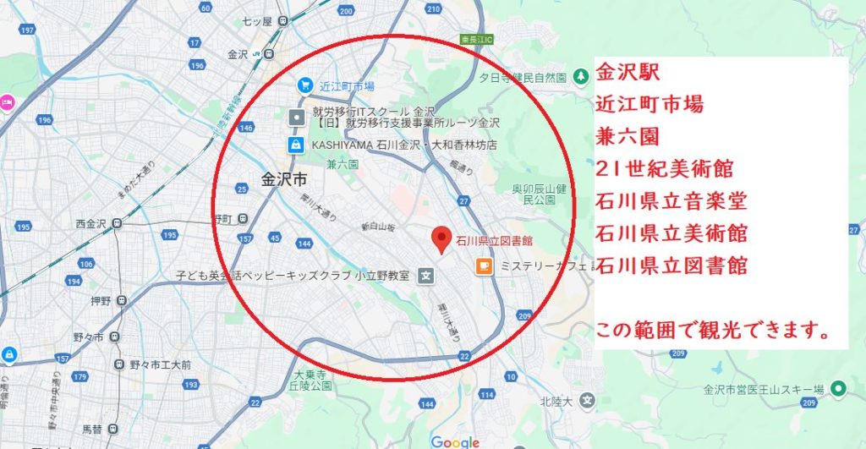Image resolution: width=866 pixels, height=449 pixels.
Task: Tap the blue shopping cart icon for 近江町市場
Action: [304, 85]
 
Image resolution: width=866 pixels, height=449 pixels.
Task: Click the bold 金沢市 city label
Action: [283, 179]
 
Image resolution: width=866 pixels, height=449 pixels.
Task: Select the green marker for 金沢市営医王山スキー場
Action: [837, 389]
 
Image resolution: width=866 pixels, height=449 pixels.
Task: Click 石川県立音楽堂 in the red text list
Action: [671, 200]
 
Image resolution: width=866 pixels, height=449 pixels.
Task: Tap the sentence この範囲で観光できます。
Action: [711, 330]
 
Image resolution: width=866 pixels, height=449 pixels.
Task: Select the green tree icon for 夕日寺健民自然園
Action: [580, 77]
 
